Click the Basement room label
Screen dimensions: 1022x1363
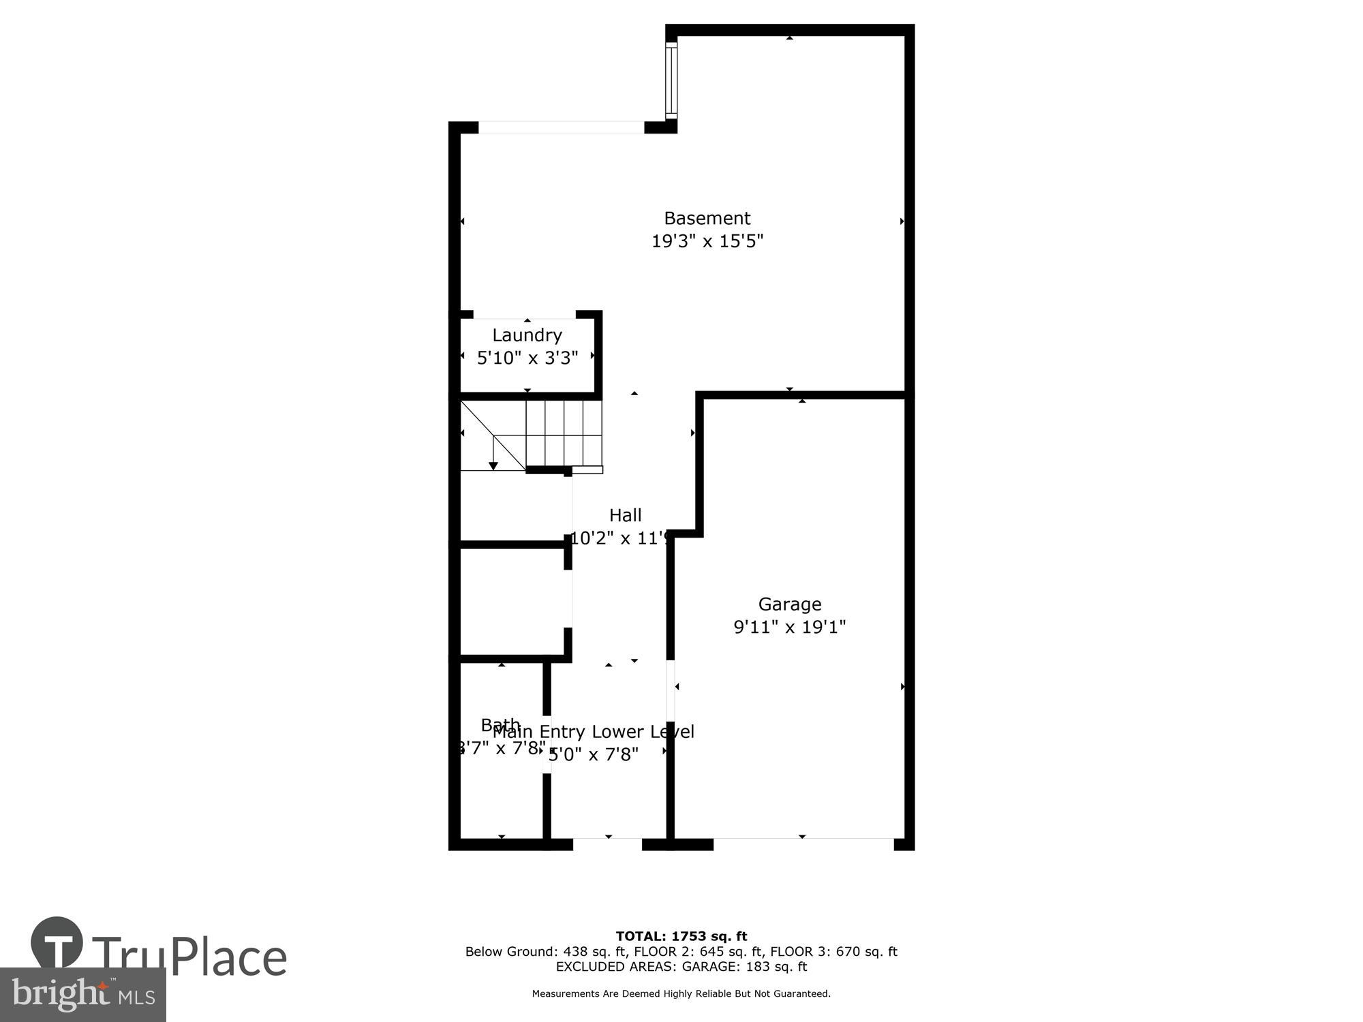(707, 218)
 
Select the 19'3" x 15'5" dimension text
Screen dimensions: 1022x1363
(707, 241)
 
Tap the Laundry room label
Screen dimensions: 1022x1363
(527, 335)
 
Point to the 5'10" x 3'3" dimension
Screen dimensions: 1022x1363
(527, 358)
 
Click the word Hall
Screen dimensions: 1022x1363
(625, 515)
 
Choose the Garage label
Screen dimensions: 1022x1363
(789, 604)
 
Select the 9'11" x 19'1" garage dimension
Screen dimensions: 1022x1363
(789, 627)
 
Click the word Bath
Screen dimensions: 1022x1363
(500, 724)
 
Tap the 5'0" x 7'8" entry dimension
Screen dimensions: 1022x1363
(594, 755)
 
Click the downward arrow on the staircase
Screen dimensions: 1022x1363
(493, 465)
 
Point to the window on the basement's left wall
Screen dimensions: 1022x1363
(671, 80)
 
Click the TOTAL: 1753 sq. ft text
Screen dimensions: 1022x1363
(681, 936)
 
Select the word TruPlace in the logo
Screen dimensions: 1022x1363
(189, 957)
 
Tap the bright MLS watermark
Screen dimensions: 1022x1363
(83, 995)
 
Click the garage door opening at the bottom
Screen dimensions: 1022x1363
(803, 844)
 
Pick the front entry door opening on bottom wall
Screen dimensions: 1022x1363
(607, 844)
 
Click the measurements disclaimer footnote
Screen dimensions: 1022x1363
(681, 994)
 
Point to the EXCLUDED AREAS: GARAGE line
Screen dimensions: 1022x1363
(681, 967)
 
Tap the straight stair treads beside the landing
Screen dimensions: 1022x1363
(564, 433)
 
